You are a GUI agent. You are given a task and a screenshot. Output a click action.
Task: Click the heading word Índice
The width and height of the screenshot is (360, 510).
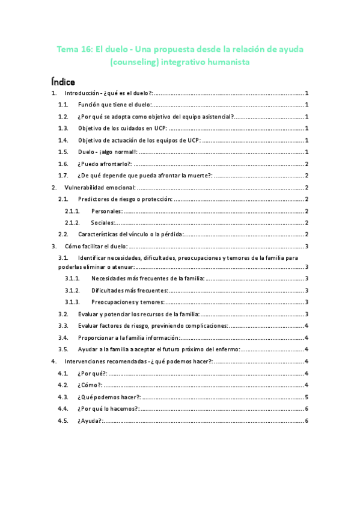point(63,80)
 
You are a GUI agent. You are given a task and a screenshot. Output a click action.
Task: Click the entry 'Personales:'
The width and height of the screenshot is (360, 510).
point(107,210)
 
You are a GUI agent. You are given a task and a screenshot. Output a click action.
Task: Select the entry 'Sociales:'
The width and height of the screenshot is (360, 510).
point(105,223)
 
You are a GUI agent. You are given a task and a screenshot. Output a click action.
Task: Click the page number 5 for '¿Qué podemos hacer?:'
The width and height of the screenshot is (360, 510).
point(307,397)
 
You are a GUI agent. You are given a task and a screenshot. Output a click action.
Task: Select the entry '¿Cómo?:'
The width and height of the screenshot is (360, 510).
point(90,385)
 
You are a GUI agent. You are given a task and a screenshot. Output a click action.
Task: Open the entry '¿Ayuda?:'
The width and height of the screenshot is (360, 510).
point(90,420)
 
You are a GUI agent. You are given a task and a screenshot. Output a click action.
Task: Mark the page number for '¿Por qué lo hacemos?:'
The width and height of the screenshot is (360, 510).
point(307,408)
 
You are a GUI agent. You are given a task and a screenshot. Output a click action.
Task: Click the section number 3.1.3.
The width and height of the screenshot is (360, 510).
point(72,302)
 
